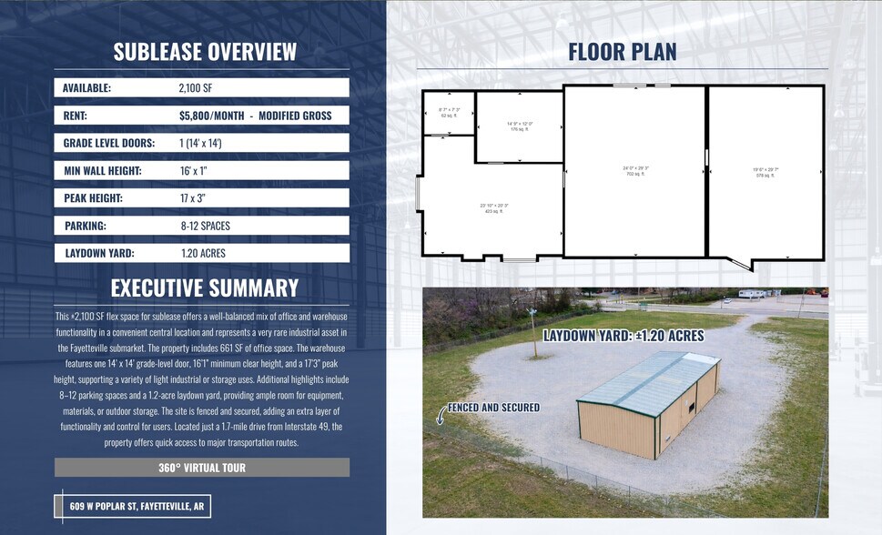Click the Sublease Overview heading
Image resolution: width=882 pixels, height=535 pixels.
pyautogui.click(x=205, y=51)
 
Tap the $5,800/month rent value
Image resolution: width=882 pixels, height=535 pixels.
pyautogui.click(x=255, y=116)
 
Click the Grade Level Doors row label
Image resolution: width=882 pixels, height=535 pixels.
pyautogui.click(x=109, y=143)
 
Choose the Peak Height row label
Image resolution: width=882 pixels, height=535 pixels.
pyautogui.click(x=93, y=197)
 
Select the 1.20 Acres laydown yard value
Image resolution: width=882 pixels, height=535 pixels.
pyautogui.click(x=203, y=253)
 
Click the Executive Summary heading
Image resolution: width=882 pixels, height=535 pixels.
pyautogui.click(x=205, y=288)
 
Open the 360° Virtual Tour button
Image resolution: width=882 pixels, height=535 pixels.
pyautogui.click(x=202, y=468)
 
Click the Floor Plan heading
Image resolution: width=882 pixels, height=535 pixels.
pyautogui.click(x=623, y=51)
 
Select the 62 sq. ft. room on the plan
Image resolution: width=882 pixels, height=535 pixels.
pyautogui.click(x=450, y=113)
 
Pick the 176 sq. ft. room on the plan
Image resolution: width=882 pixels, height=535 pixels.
pyautogui.click(x=520, y=126)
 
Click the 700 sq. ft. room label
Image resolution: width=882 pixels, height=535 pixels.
pyautogui.click(x=634, y=170)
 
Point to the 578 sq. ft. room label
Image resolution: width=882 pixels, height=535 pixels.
pyautogui.click(x=765, y=172)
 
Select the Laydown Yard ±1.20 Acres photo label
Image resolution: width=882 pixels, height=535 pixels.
pyautogui.click(x=623, y=336)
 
